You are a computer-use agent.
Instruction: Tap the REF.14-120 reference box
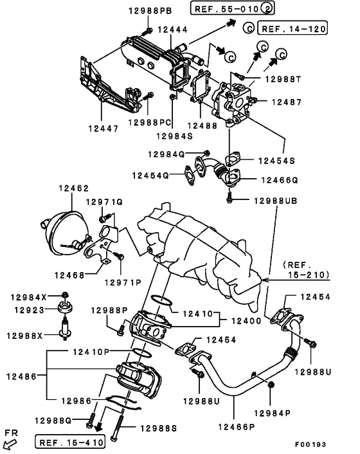[292, 28]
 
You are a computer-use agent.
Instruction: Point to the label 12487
[285, 101]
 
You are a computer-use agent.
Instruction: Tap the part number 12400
[244, 320]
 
